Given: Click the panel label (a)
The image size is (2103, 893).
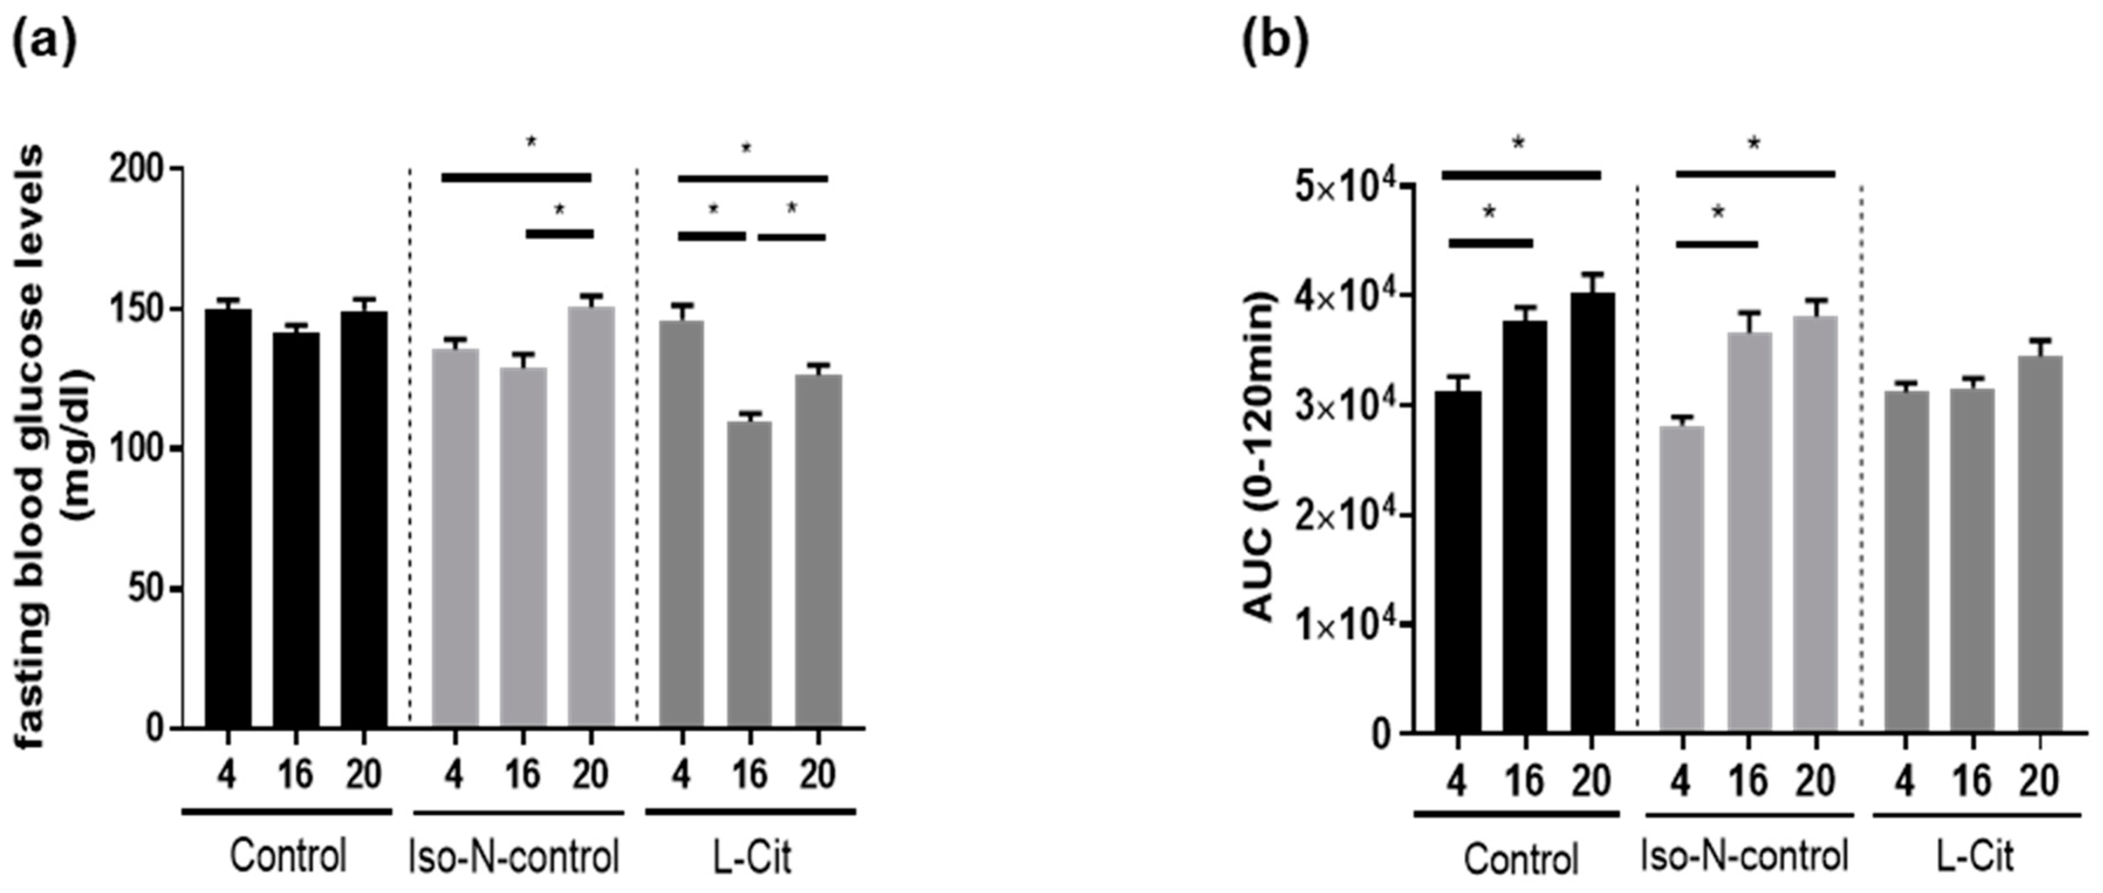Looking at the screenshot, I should (45, 42).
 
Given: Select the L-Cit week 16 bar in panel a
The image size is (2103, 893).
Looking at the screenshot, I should (749, 574).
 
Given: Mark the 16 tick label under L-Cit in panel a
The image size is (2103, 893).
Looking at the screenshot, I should (749, 774).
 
